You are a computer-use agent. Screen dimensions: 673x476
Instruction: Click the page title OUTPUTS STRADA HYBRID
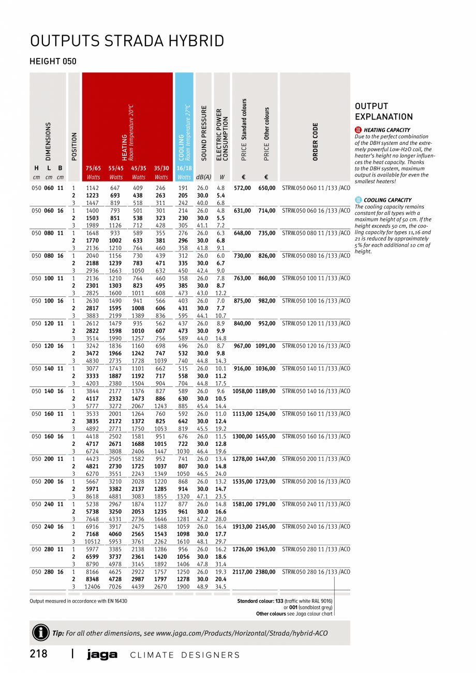[127, 41]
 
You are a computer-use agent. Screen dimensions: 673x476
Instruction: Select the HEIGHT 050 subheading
[53, 61]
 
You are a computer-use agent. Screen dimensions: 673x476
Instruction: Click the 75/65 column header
[93, 168]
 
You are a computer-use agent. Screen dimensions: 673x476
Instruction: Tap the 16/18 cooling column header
[184, 168]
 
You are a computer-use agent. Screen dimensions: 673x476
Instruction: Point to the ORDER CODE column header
[315, 141]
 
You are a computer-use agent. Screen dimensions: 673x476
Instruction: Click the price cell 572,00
[243, 188]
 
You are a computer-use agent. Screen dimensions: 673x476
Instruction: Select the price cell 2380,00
[266, 572]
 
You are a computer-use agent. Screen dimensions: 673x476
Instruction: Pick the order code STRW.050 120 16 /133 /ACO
[316, 346]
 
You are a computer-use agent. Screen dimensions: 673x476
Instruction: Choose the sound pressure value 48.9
[203, 587]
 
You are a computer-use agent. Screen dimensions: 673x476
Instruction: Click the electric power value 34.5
[221, 587]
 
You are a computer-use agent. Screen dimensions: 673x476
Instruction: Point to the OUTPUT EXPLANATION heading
[383, 111]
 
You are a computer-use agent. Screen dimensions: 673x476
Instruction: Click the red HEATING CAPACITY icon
[359, 130]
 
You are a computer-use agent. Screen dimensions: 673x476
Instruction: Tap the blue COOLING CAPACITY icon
[359, 200]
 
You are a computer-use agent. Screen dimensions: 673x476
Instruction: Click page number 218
[39, 654]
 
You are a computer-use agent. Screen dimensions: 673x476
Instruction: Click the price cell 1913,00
[242, 527]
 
